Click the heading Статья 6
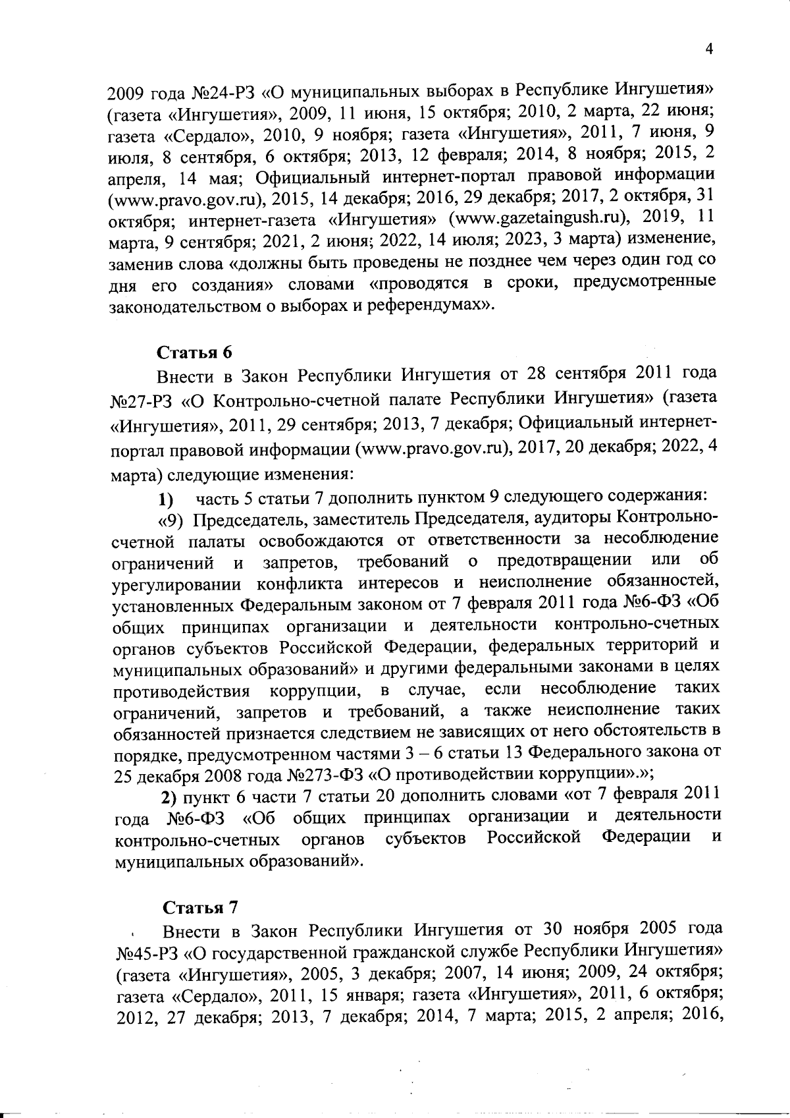(194, 352)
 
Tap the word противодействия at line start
(182, 692)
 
